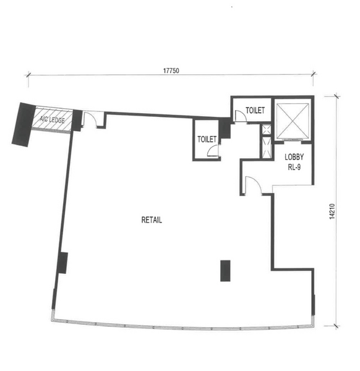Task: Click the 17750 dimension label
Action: pyautogui.click(x=171, y=70)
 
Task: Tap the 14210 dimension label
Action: pyautogui.click(x=332, y=211)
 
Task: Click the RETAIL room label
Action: pyautogui.click(x=152, y=220)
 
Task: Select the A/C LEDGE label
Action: pyautogui.click(x=52, y=119)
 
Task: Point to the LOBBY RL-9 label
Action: pyautogui.click(x=294, y=162)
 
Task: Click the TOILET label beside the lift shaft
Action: pyautogui.click(x=255, y=110)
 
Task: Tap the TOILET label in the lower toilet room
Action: pyautogui.click(x=207, y=139)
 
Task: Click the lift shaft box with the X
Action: pyautogui.click(x=293, y=121)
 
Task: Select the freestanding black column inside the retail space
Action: pyautogui.click(x=225, y=271)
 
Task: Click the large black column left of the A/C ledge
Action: pyautogui.click(x=24, y=124)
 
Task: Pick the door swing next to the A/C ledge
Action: pyautogui.click(x=90, y=120)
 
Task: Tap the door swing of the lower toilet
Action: pyautogui.click(x=213, y=150)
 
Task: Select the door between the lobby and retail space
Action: pyautogui.click(x=254, y=185)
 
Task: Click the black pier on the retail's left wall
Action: pyautogui.click(x=62, y=263)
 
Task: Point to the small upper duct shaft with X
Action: pyautogui.click(x=267, y=130)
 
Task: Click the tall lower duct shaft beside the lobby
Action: pyautogui.click(x=267, y=147)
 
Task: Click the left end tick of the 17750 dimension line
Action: pyautogui.click(x=28, y=75)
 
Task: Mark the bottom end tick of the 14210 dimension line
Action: pyautogui.click(x=336, y=326)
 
